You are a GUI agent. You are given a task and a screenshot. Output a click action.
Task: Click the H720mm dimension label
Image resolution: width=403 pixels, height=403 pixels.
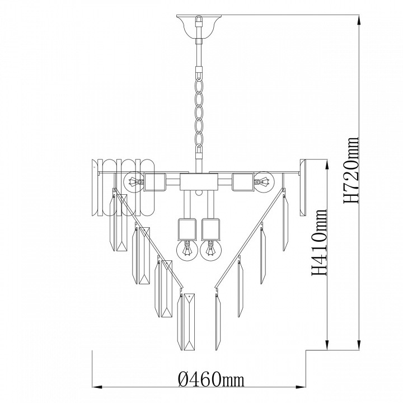[x=351, y=170]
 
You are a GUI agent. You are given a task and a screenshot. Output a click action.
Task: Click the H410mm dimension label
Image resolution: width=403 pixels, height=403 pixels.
[x=319, y=242]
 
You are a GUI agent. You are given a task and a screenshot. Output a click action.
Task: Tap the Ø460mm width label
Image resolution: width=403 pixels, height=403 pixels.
[x=211, y=379]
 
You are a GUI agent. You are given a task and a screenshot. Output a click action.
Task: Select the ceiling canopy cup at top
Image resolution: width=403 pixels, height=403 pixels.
[x=199, y=27]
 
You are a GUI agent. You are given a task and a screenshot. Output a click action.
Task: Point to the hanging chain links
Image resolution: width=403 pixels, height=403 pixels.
[x=199, y=113]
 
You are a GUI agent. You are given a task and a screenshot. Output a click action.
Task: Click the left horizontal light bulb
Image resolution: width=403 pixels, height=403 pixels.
[x=133, y=182]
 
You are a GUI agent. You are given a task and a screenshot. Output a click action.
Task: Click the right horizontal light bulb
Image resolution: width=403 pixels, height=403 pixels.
[x=264, y=181]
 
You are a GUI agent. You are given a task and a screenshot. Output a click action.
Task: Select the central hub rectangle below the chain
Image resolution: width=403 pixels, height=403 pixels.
[x=199, y=182]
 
